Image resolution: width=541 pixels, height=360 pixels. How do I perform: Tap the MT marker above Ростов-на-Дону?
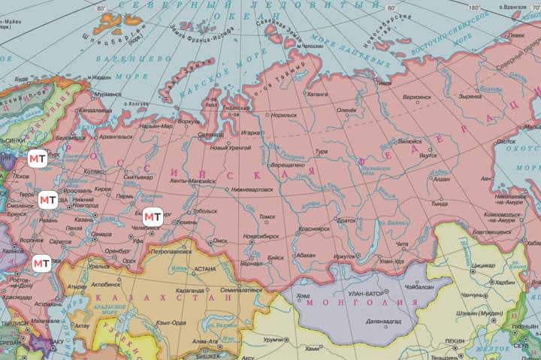tap(42, 263)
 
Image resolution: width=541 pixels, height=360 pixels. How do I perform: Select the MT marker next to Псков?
tap(38, 159)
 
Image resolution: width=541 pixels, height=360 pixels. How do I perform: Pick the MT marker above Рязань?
tap(47, 200)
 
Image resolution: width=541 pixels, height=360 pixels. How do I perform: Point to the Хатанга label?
tap(318, 95)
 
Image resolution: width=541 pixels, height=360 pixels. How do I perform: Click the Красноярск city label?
tap(314, 228)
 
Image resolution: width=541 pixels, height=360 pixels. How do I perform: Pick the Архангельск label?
tap(115, 138)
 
